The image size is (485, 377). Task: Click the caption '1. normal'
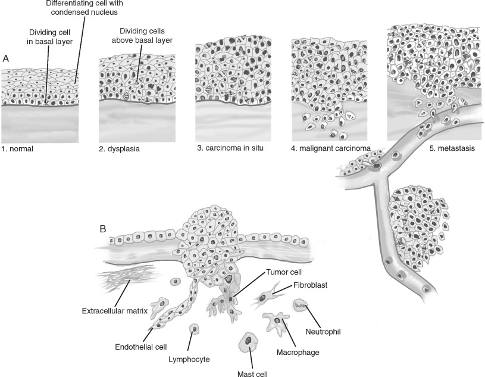point(17,149)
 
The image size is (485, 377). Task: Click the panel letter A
point(6,58)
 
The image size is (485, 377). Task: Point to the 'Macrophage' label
point(298,353)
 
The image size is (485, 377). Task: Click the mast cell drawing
point(247,343)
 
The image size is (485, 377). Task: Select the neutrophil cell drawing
point(301,306)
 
